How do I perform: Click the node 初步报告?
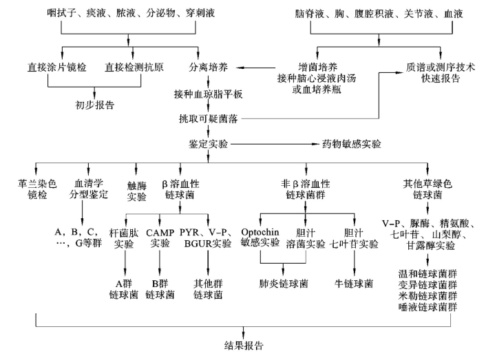tap(95, 106)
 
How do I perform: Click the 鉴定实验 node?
tap(209, 145)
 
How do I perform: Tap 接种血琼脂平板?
tap(209, 93)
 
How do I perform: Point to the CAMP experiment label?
tap(160, 233)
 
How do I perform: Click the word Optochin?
tap(260, 233)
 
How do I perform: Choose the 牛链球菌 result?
tap(354, 283)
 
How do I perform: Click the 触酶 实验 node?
tap(137, 191)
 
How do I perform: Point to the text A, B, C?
tap(74, 233)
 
